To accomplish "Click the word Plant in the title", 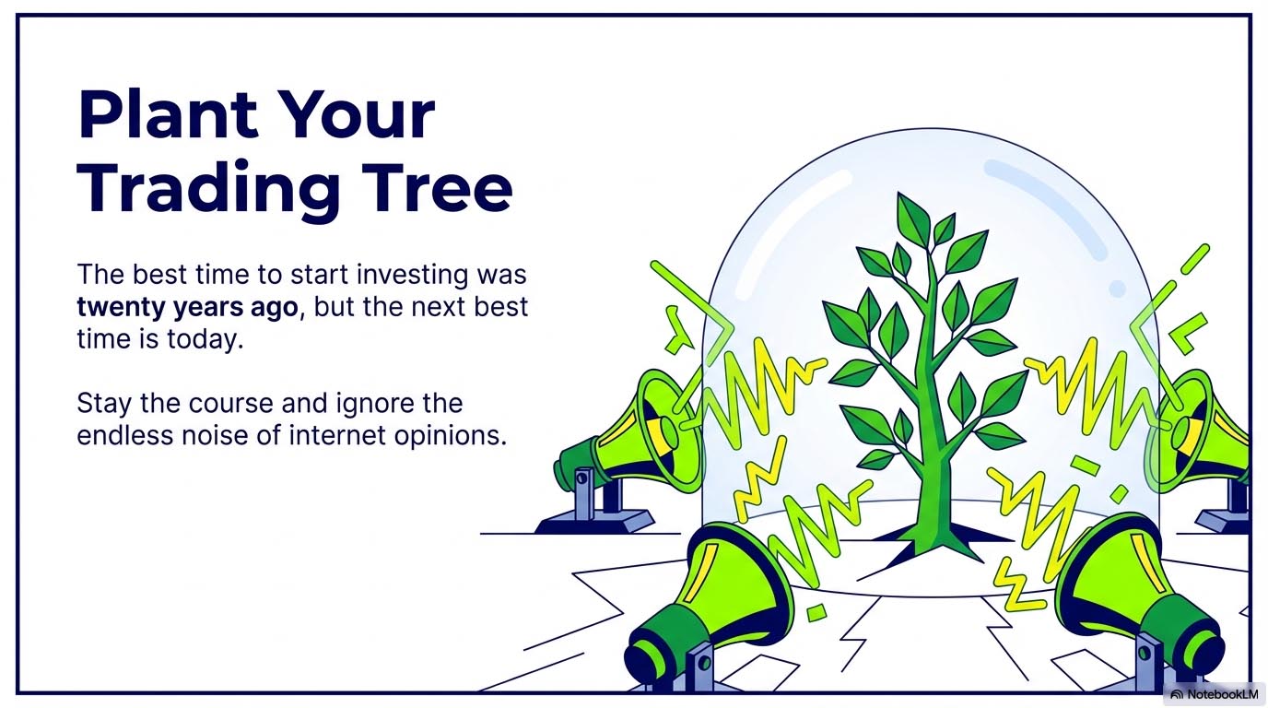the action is (169, 115).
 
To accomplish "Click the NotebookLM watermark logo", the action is (1216, 694).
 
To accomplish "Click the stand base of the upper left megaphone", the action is (594, 521).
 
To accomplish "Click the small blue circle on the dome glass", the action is (1117, 289).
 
